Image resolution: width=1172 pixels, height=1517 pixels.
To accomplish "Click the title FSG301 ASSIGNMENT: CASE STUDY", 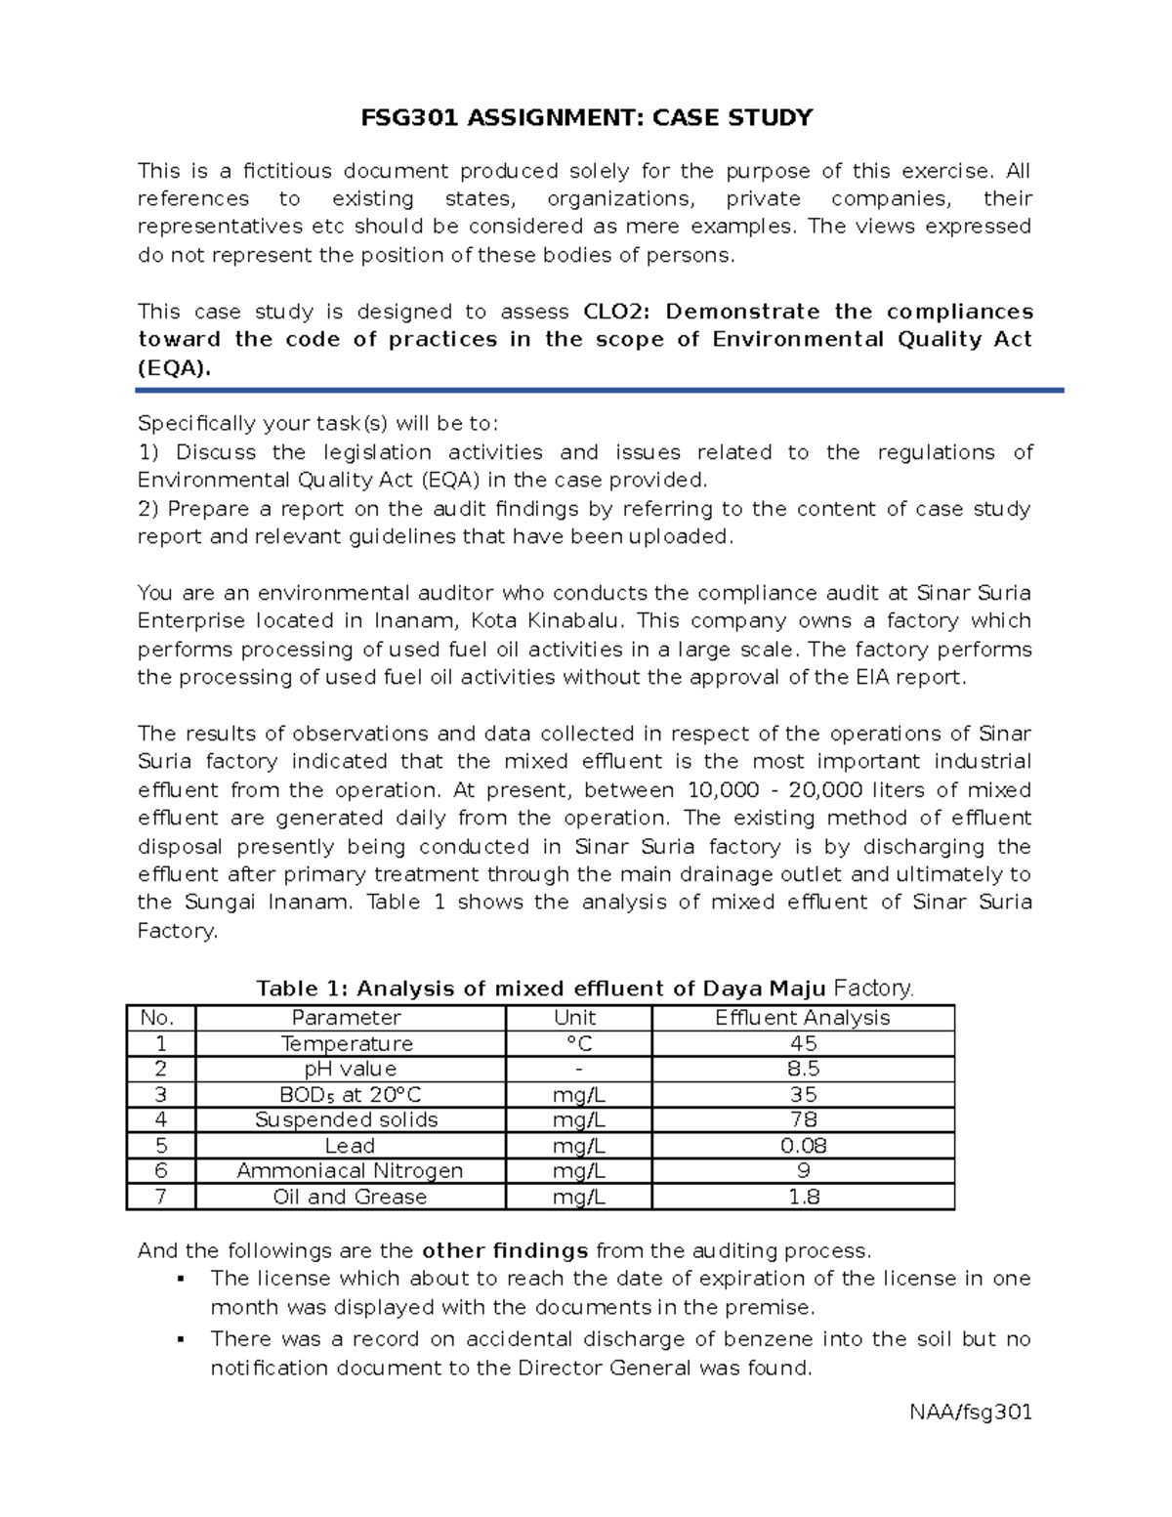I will tap(586, 118).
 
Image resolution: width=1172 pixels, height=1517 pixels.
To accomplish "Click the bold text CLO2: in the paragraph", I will tap(622, 312).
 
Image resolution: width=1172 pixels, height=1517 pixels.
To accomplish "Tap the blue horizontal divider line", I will tap(599, 390).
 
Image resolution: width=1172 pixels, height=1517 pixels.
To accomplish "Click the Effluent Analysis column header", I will tap(802, 1018).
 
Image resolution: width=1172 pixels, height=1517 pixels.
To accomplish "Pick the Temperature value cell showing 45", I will tap(803, 1043).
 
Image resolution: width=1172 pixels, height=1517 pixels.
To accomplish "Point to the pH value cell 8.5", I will tap(803, 1069).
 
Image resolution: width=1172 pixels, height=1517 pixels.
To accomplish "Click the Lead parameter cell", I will tap(350, 1145).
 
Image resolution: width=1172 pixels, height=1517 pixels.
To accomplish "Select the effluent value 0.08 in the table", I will tap(803, 1145).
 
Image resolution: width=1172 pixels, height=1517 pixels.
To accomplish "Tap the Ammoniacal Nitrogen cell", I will tap(350, 1170).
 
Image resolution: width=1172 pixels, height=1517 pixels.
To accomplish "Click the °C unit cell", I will tap(578, 1043).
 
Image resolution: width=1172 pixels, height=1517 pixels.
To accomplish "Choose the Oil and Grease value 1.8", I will tap(803, 1197).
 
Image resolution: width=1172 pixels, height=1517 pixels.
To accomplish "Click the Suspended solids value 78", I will tap(803, 1119).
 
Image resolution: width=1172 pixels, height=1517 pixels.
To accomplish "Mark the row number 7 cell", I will tap(161, 1197).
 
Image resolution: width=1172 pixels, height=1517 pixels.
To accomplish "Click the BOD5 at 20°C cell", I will tap(350, 1094).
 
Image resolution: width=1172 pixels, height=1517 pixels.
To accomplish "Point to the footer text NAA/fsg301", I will tap(970, 1412).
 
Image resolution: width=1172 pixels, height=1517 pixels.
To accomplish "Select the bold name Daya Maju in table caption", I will tap(764, 989).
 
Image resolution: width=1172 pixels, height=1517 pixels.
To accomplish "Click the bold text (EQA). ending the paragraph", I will tap(174, 368).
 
